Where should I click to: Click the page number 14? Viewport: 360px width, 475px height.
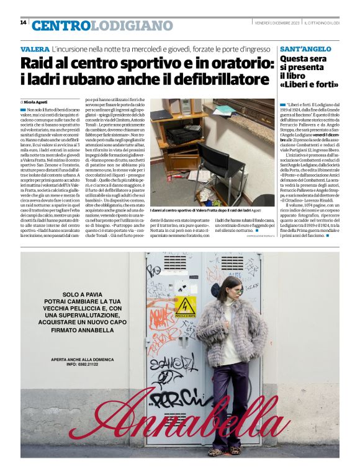(23, 22)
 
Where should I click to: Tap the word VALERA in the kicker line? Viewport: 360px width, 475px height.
(35, 48)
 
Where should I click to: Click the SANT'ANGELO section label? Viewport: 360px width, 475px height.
(304, 48)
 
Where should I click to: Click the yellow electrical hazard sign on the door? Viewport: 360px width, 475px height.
(185, 307)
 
